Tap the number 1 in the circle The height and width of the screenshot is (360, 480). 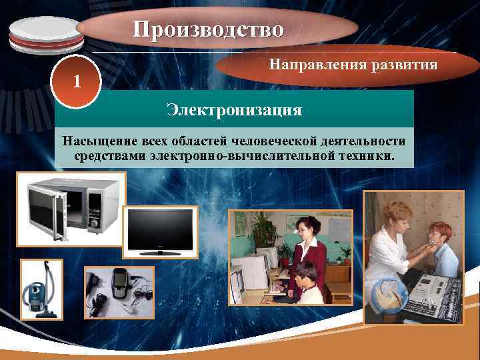[x=79, y=82]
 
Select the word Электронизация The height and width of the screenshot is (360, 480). [x=235, y=109]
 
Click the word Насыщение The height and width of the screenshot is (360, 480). [x=99, y=142]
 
